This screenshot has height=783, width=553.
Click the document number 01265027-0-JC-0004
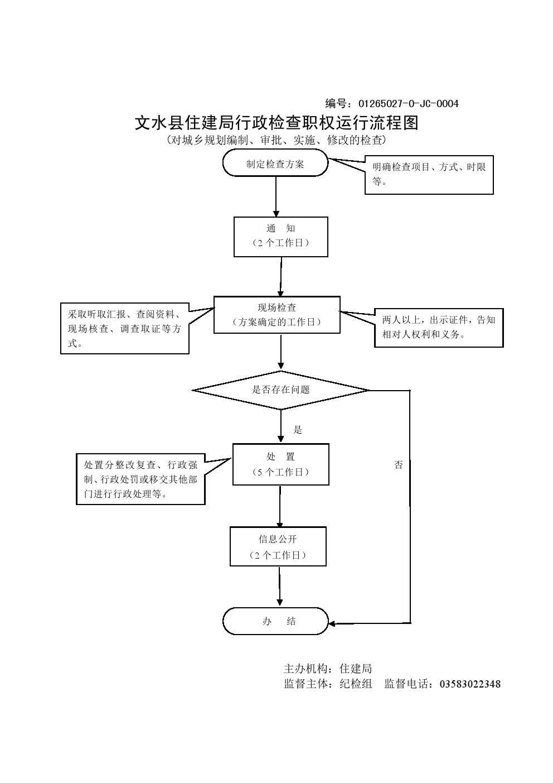click(x=408, y=104)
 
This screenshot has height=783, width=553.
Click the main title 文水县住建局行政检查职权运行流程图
click(x=276, y=123)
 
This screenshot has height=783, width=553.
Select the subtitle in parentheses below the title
click(x=276, y=140)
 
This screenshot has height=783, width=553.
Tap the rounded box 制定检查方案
click(x=275, y=164)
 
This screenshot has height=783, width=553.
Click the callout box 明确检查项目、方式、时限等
click(x=429, y=174)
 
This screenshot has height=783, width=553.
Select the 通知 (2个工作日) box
click(x=280, y=236)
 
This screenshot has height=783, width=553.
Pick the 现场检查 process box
click(x=276, y=315)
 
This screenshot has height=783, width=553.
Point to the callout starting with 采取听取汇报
click(x=124, y=329)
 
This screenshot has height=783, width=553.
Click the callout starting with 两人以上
click(x=439, y=328)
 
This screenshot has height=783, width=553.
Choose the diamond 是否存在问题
click(x=280, y=390)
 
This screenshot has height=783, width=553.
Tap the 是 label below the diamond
click(x=298, y=430)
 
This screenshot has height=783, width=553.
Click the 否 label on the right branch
click(x=398, y=465)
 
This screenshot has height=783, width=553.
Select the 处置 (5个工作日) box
click(x=280, y=464)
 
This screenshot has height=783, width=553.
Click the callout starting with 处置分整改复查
click(x=140, y=479)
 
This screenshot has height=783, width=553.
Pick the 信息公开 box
click(x=278, y=547)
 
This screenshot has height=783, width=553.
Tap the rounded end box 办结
click(x=276, y=621)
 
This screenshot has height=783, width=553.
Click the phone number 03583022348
click(x=470, y=684)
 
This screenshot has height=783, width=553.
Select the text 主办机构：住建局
click(x=328, y=669)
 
